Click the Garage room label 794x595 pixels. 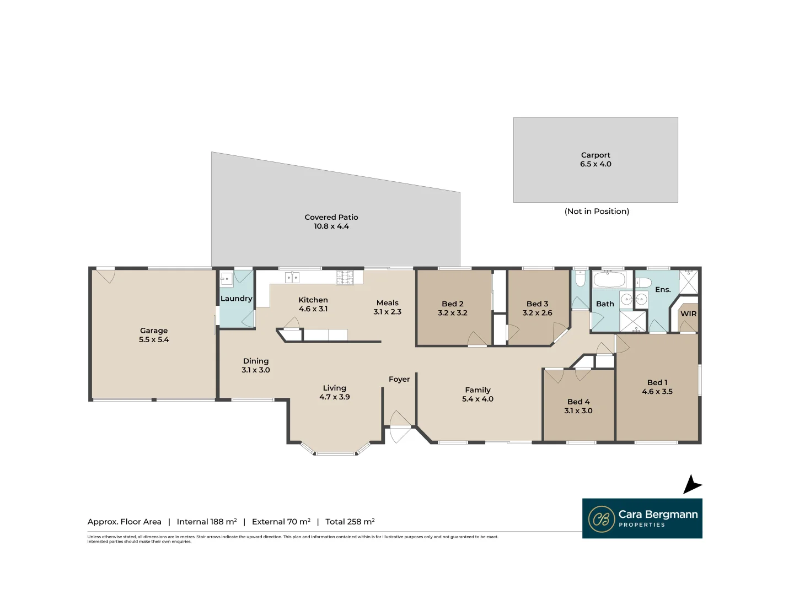(x=153, y=331)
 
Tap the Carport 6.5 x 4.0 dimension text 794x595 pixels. (x=595, y=164)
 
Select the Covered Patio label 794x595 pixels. (x=331, y=217)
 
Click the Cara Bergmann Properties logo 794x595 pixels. (x=642, y=518)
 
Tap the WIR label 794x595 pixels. (x=688, y=313)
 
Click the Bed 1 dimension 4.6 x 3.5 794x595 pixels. (x=657, y=392)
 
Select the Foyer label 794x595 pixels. (x=399, y=379)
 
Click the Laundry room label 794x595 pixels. (x=236, y=299)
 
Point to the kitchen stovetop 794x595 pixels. (x=345, y=277)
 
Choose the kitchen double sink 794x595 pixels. (x=292, y=277)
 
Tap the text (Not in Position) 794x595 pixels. (x=597, y=212)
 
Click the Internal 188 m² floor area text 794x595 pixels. (x=207, y=522)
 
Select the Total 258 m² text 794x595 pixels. (x=350, y=522)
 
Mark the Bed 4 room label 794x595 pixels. (x=578, y=402)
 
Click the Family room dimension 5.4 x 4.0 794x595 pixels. (x=478, y=399)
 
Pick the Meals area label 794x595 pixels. (x=387, y=302)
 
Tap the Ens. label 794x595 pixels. (x=663, y=290)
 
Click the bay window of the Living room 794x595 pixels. (x=335, y=453)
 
